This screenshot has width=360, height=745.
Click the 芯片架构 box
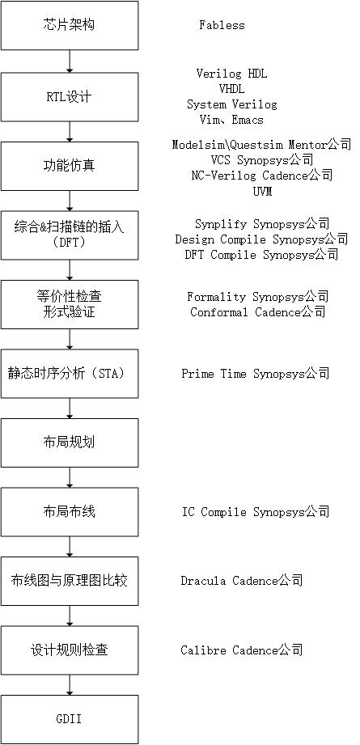coord(70,25)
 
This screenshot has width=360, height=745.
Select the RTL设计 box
coord(70,97)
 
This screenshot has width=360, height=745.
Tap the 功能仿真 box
coord(70,166)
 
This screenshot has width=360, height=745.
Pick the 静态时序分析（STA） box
coord(70,374)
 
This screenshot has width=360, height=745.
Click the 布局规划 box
coord(70,442)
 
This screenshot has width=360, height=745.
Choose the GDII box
coord(70,719)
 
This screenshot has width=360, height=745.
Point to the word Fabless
coord(222,25)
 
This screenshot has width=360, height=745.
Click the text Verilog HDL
coord(231,74)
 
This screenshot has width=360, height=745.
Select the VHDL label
coord(231,89)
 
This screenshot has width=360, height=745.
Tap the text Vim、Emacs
coord(231,120)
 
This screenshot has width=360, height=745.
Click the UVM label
coord(262,192)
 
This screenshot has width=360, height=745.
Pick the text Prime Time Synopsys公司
coord(255,374)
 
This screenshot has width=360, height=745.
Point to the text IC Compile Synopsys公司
coord(256,512)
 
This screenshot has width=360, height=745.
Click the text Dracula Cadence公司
coord(242,581)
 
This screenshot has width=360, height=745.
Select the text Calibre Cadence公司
coord(242,650)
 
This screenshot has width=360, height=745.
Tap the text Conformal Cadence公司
coord(258,312)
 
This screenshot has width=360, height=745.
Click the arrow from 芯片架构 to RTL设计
coord(70,61)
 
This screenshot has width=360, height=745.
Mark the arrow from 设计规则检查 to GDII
coord(70,685)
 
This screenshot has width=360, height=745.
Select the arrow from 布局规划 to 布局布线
coord(70,477)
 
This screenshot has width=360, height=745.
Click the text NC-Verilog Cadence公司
coord(262,176)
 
